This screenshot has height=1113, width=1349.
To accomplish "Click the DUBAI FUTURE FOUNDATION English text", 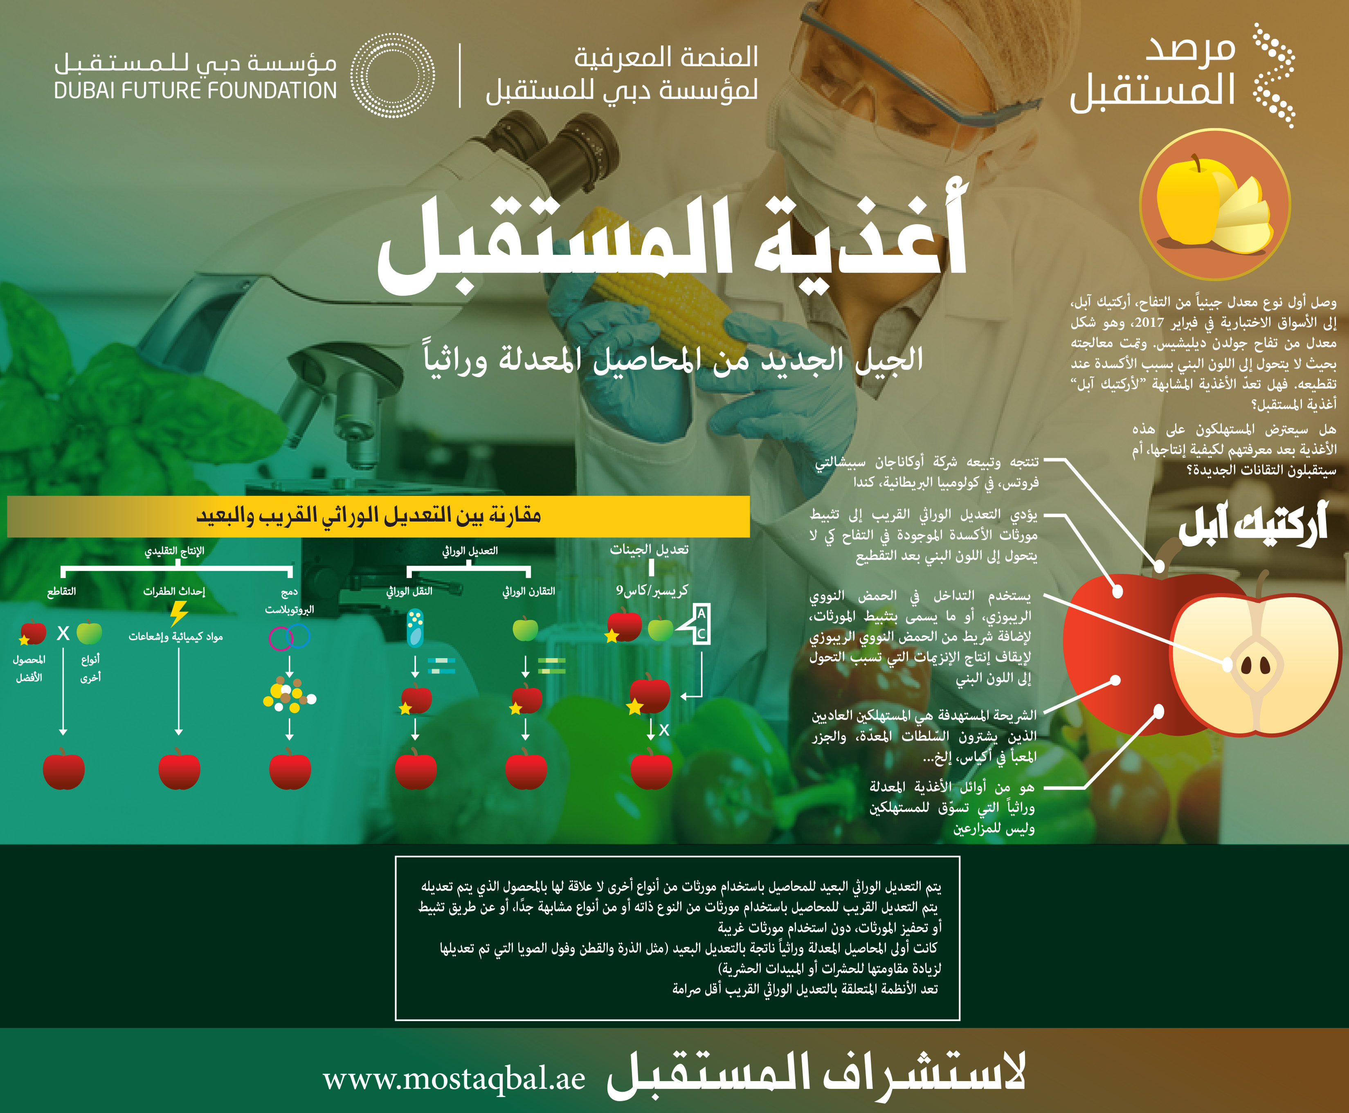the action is point(196,90).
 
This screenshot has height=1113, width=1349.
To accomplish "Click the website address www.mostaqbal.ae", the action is point(454,1078).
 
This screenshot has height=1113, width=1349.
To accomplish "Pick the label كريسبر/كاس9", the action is point(652,590).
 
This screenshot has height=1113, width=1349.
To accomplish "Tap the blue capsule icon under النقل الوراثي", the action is point(416,628).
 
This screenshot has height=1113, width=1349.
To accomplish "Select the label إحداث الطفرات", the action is point(174,591).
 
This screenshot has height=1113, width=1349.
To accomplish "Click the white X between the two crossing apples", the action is point(63,634).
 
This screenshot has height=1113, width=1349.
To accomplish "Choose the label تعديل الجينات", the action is point(649,549).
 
